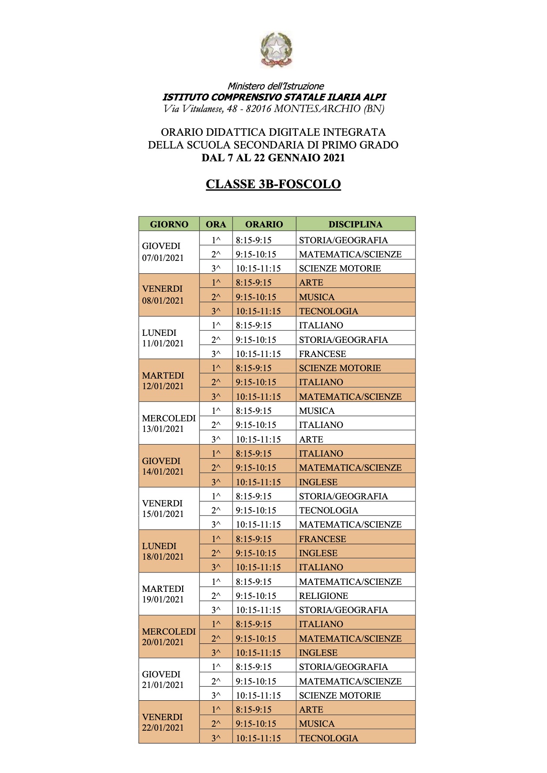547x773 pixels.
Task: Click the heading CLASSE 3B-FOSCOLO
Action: pos(273,184)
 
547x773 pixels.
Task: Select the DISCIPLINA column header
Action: pos(355,224)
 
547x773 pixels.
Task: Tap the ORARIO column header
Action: pos(264,224)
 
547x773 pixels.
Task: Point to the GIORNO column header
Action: pos(169,224)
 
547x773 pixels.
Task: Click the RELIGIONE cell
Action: pos(323,596)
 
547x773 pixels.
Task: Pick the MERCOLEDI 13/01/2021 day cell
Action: pos(169,423)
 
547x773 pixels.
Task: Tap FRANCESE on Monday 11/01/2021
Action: pos(322,354)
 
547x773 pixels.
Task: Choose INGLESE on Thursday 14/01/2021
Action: pos(318,482)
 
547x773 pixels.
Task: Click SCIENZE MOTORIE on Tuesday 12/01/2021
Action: pos(340,368)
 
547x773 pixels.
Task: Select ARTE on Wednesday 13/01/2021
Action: pos(311,439)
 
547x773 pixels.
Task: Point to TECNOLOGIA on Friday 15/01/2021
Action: pos(329,510)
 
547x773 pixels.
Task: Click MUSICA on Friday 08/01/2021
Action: pos(317,297)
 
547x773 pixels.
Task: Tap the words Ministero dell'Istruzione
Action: pos(275,86)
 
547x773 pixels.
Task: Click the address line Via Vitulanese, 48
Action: pos(273,108)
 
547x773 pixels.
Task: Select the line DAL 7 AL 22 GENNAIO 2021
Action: pos(273,157)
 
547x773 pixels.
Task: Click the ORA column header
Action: pos(216,224)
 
